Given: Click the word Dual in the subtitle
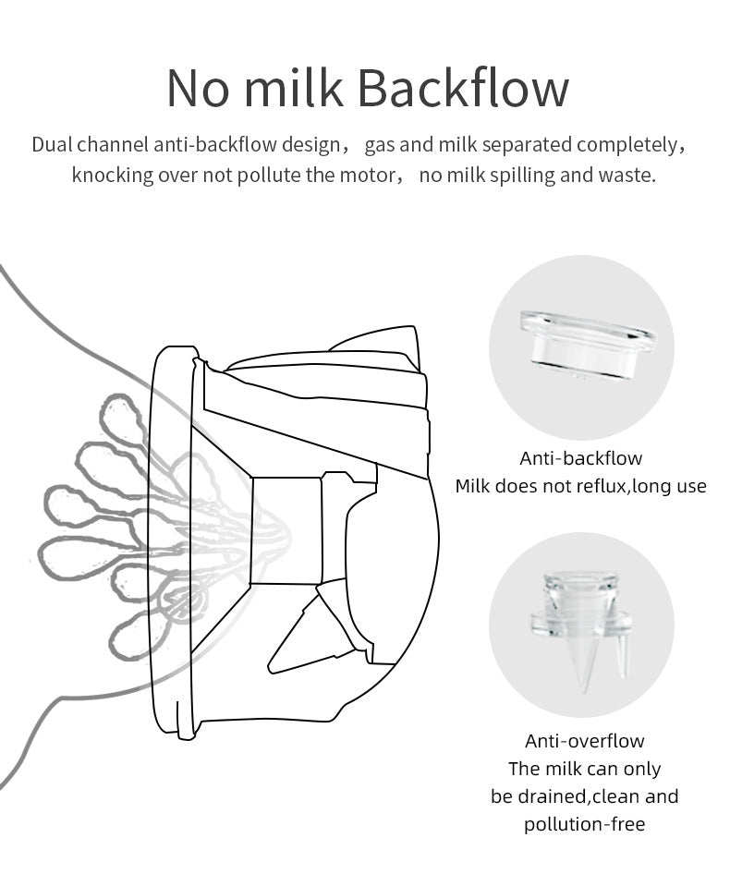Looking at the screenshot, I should (x=52, y=145).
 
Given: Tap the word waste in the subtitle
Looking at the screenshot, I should (x=629, y=175).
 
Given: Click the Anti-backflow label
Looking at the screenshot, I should (x=580, y=458).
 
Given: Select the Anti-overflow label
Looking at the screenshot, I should (x=584, y=741).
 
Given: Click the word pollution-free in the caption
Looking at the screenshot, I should (x=584, y=824).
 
